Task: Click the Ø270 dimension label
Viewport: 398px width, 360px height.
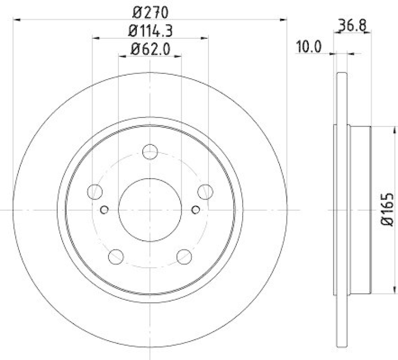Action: (150, 10)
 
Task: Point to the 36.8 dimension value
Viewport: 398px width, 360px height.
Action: (350, 24)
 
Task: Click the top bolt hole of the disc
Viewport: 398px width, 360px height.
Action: (150, 151)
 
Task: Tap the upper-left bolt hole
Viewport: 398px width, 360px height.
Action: (95, 191)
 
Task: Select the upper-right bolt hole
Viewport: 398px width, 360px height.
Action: (205, 191)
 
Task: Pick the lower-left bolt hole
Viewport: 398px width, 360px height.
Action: (115, 256)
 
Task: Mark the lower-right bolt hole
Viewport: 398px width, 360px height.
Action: (184, 256)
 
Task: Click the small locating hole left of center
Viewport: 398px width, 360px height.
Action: (104, 209)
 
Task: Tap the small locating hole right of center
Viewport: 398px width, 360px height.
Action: (196, 209)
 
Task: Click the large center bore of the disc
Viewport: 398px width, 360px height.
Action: (150, 209)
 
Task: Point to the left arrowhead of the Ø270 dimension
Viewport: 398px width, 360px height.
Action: (16, 20)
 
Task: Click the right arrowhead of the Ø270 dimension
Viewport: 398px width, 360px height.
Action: (285, 20)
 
